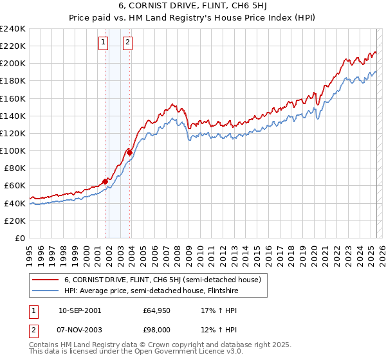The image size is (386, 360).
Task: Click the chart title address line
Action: click(x=192, y=6)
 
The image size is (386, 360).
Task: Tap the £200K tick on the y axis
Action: click(x=14, y=64)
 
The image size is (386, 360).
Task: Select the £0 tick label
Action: click(x=21, y=238)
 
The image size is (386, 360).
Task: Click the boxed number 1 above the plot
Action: click(x=103, y=43)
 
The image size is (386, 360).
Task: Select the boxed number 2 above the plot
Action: click(x=127, y=43)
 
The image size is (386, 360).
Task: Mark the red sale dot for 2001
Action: click(x=105, y=181)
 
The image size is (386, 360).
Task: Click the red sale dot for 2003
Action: click(x=130, y=152)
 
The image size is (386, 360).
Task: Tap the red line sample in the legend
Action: click(x=46, y=280)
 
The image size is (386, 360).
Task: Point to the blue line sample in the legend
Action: click(x=46, y=291)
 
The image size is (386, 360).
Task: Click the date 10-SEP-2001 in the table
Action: click(x=80, y=310)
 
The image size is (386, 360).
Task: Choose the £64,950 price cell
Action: click(x=158, y=310)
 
